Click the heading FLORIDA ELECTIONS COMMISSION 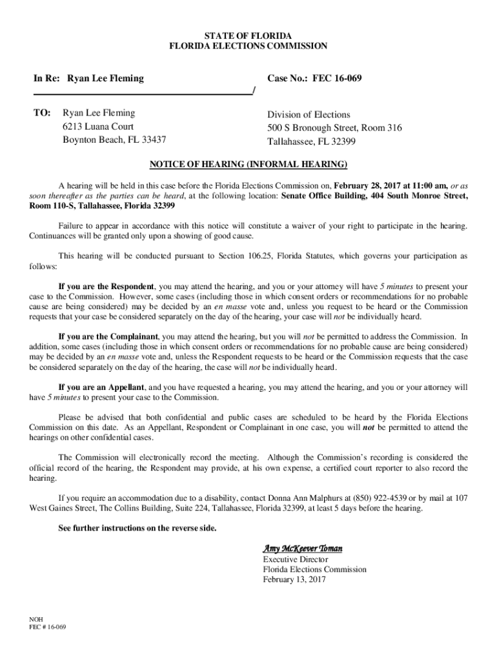(x=248, y=46)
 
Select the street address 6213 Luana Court (x=98, y=127)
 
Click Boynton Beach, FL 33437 (x=114, y=140)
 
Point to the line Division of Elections (x=309, y=114)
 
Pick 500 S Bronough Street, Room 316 (x=334, y=128)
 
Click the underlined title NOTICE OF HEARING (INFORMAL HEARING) (x=249, y=163)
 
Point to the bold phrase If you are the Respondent (x=106, y=286)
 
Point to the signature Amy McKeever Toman (x=302, y=548)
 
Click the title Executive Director (x=295, y=559)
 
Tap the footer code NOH (x=37, y=618)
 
